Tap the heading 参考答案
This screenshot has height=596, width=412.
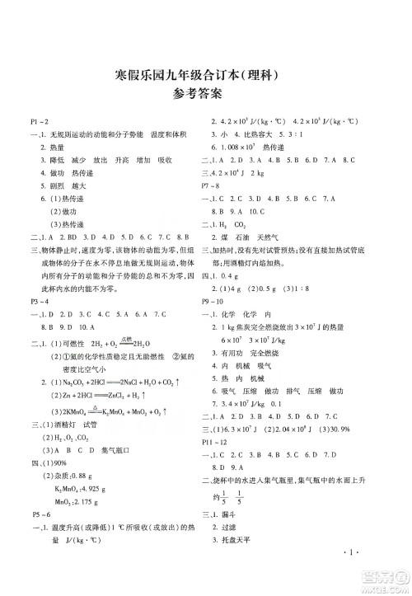pos(206,101)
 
